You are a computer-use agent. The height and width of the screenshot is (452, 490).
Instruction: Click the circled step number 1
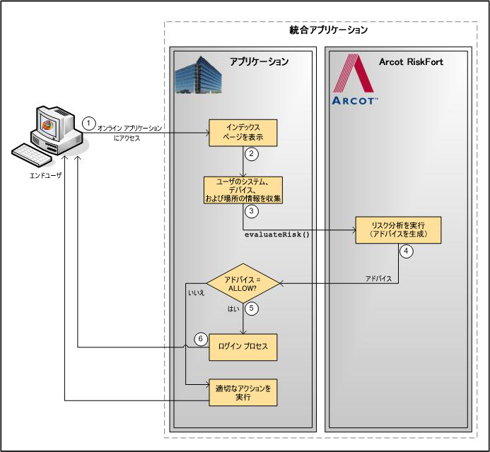(88, 121)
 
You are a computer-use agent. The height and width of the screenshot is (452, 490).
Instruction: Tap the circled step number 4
(406, 249)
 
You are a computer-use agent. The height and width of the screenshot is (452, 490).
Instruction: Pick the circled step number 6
(201, 339)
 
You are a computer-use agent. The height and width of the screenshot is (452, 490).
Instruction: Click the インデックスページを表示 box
(243, 132)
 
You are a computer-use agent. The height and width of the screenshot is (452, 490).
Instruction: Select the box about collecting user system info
(243, 189)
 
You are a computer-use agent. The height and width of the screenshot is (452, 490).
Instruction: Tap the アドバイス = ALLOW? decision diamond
(243, 283)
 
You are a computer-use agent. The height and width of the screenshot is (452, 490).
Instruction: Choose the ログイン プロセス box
(243, 347)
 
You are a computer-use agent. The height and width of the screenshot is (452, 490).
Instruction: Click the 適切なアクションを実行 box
(243, 392)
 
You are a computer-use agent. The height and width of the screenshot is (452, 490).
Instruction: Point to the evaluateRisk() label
(277, 234)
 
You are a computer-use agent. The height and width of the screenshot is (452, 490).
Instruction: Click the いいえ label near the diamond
(196, 291)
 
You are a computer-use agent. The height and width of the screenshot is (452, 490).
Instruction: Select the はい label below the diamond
(233, 309)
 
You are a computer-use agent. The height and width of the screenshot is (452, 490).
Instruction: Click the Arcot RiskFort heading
(411, 62)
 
